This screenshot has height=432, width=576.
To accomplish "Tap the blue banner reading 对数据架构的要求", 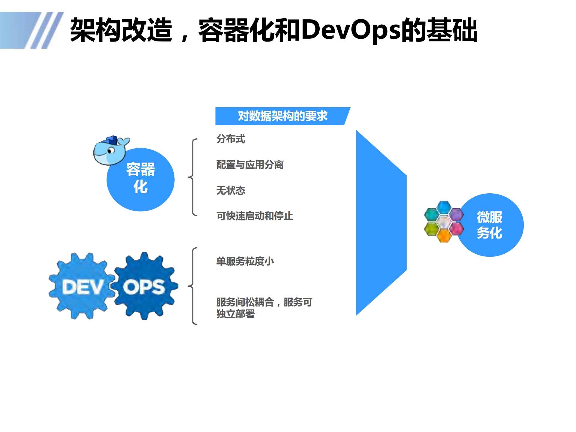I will click(x=282, y=116).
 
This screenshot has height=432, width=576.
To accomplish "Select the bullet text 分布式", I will click(x=231, y=139).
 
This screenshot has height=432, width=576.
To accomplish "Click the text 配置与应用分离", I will click(x=250, y=165).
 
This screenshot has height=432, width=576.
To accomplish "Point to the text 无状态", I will click(x=231, y=190).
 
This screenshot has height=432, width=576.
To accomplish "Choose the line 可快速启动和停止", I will click(x=255, y=216).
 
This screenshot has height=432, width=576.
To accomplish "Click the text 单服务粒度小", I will click(x=245, y=261).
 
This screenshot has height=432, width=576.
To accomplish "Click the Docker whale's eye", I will click(x=111, y=151).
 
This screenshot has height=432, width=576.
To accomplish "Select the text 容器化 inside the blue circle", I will click(x=140, y=178).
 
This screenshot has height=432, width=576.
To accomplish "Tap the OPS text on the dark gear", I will click(x=144, y=287).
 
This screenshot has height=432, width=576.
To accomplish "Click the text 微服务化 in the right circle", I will click(x=489, y=225).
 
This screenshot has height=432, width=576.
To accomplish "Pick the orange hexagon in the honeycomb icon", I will click(x=444, y=236).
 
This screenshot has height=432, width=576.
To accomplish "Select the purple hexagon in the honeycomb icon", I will click(x=457, y=214).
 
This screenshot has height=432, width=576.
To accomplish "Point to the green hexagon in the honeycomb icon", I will click(x=431, y=229).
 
